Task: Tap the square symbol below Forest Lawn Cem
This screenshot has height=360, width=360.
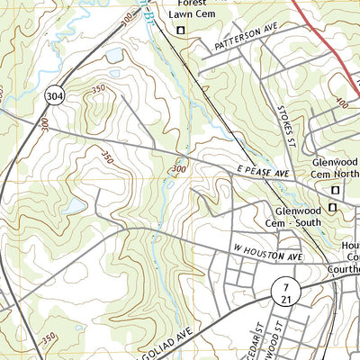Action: point(181,31)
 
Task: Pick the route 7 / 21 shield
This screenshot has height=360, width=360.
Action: point(283,291)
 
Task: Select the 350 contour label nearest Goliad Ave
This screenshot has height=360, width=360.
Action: point(47,337)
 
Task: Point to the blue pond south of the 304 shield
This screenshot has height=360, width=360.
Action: point(74,207)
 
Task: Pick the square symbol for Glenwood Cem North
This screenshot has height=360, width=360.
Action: point(336,190)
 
